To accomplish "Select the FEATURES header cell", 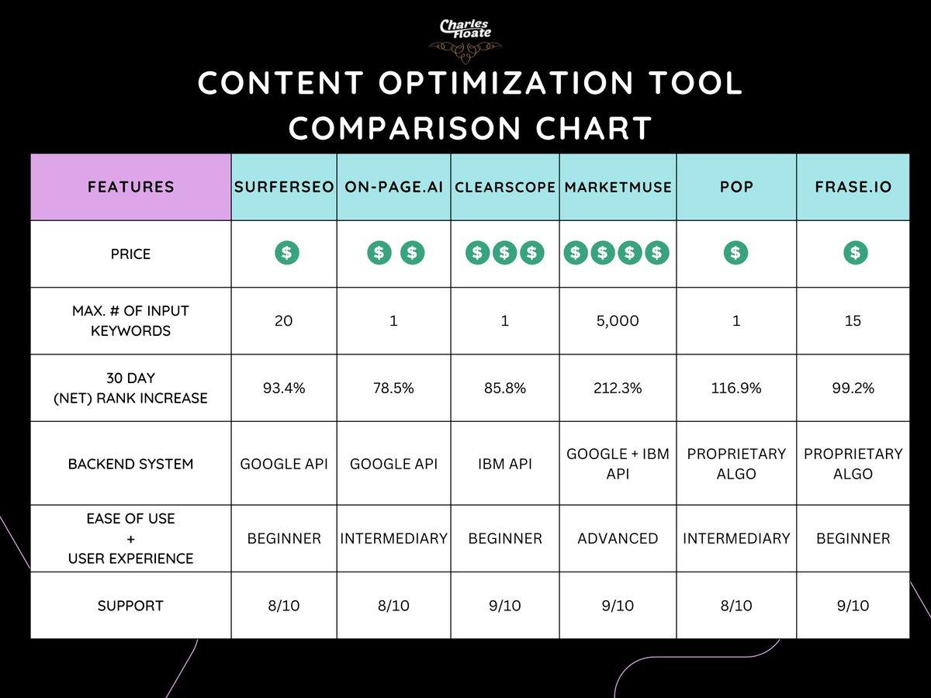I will coord(130,187).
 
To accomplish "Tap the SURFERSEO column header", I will coord(284,187).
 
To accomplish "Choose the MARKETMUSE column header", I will coord(618,187).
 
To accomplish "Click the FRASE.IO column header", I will coord(853,187).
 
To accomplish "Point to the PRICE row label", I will coord(130,254).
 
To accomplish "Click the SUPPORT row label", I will coord(130,606).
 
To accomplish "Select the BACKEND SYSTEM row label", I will coord(130,464).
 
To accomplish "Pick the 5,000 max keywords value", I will coord(618,320).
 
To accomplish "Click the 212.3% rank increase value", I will coord(618,388).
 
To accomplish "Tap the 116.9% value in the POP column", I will coord(735,388).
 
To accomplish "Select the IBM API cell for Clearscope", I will coord(504,464).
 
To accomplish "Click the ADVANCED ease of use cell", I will coord(618,538).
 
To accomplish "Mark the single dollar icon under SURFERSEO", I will coord(286,253).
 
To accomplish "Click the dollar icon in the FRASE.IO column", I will coord(855,253).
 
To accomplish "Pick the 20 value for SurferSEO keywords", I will coord(284,320).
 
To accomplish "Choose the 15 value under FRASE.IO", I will coord(853,320).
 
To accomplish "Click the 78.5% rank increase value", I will coord(393,388).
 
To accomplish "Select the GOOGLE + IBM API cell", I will coord(618,464).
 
